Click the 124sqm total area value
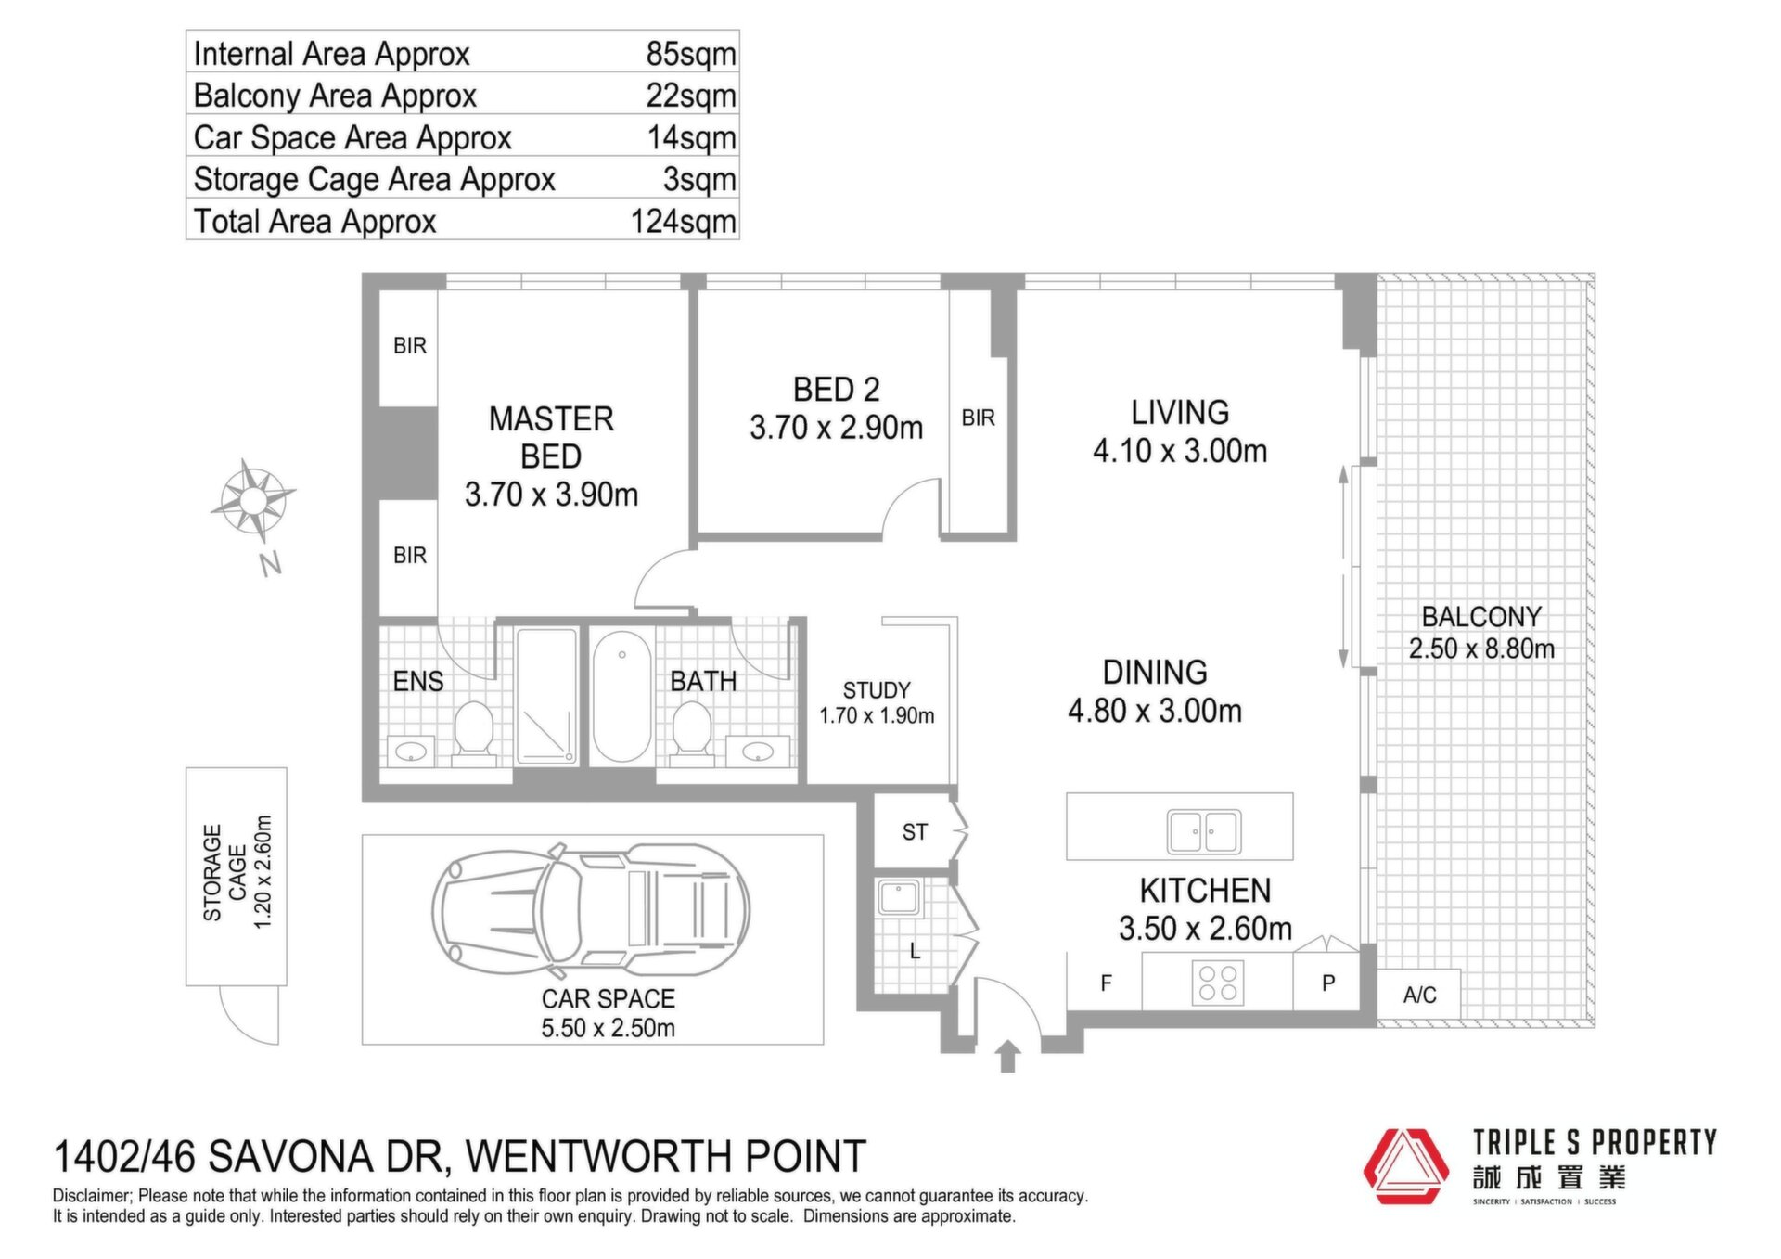tap(684, 222)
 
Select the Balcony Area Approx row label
tap(335, 96)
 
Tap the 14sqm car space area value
tap(692, 138)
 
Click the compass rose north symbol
tap(252, 501)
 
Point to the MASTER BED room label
tap(551, 438)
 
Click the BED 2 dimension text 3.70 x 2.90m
tap(837, 428)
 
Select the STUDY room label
tap(877, 690)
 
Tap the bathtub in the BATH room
tap(621, 696)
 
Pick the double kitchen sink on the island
tap(1204, 831)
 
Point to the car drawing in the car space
tap(591, 911)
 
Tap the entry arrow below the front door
tap(1007, 1057)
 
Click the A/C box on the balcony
tap(1419, 996)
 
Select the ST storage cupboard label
tap(915, 832)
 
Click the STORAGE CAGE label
tap(225, 873)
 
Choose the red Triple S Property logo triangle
tap(1405, 1166)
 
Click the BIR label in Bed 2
tap(979, 418)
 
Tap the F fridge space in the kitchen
tap(1106, 983)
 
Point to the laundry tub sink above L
tap(898, 897)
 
